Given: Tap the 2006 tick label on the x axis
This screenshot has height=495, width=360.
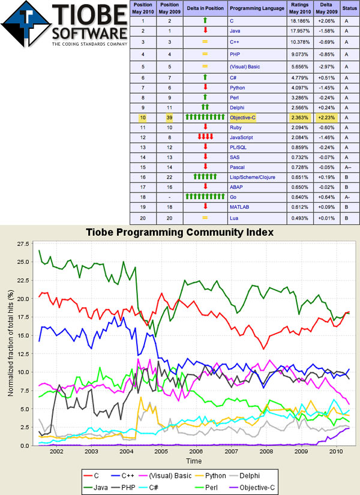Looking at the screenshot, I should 196,451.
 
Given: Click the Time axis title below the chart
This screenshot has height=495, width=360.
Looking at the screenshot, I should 193,461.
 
